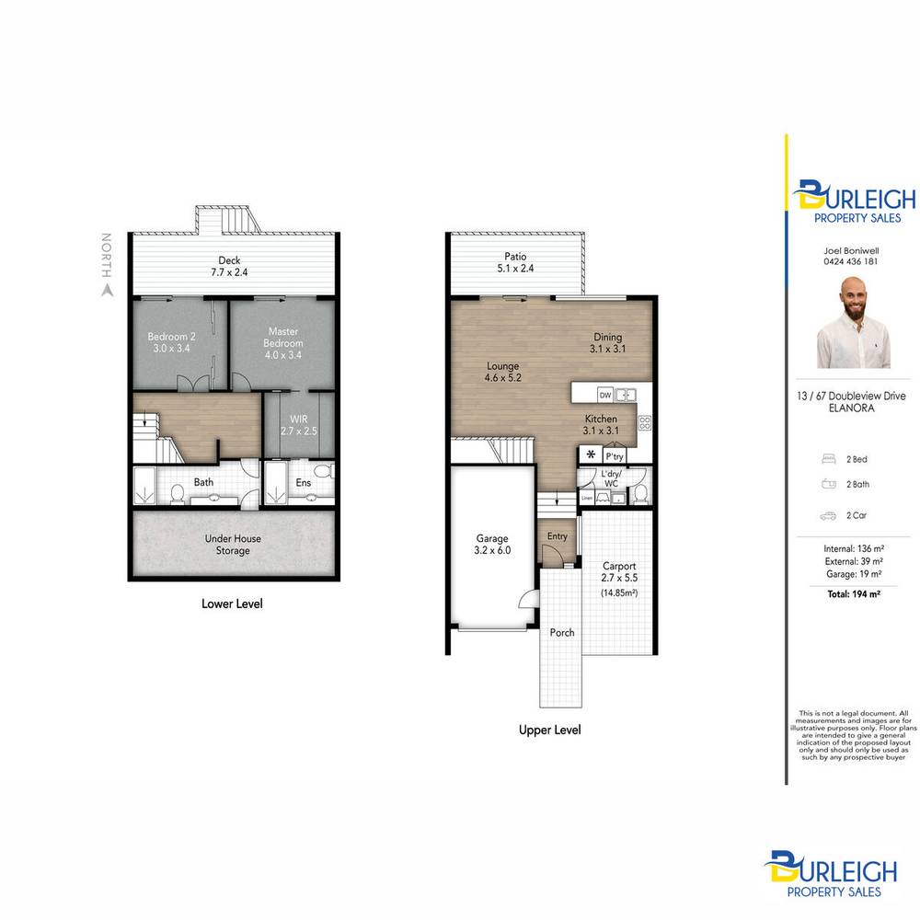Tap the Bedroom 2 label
point(171,342)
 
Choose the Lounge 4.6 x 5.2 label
point(503,372)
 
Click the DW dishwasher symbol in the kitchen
point(604,395)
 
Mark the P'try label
point(615,455)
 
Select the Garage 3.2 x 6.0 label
point(492,544)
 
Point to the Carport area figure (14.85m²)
point(619,593)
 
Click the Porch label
point(562,633)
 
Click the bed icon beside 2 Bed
point(826,457)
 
